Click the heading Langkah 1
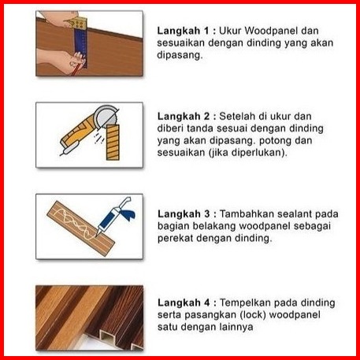pos(183,31)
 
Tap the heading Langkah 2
pos(184,117)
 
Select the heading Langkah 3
pos(184,214)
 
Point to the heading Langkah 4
pos(184,302)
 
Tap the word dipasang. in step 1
pos(180,55)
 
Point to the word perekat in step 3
pos(175,239)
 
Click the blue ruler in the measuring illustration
pos(80,45)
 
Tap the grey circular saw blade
pos(106,116)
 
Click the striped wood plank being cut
pos(113,142)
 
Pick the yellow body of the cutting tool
pos(78,132)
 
